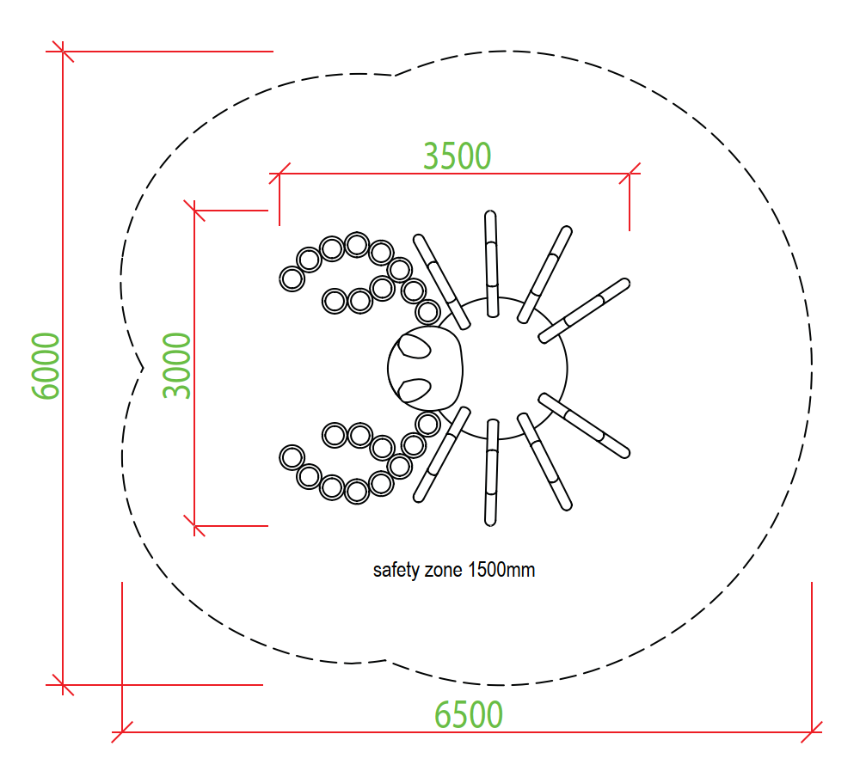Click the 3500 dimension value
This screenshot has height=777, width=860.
pyautogui.click(x=457, y=156)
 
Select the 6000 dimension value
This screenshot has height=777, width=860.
pyautogui.click(x=46, y=366)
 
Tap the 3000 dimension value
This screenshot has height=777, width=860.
pyautogui.click(x=177, y=365)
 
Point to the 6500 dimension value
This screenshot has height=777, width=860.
pyautogui.click(x=469, y=714)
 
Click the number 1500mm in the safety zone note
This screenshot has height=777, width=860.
pyautogui.click(x=501, y=570)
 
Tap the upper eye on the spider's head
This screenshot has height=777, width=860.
pyautogui.click(x=415, y=346)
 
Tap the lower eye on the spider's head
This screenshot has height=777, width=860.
pyautogui.click(x=415, y=390)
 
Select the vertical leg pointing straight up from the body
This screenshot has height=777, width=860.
pyautogui.click(x=491, y=264)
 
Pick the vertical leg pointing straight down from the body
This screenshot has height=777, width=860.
pyautogui.click(x=491, y=473)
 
